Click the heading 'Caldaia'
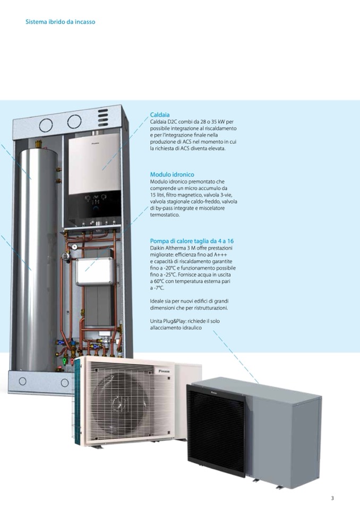point(160,115)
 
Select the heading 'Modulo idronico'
point(172,174)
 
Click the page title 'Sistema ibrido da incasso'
point(60,22)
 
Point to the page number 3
point(332,498)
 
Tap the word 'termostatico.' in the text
point(165,215)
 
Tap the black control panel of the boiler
point(95,202)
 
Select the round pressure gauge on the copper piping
point(76,246)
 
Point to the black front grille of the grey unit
point(216,430)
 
